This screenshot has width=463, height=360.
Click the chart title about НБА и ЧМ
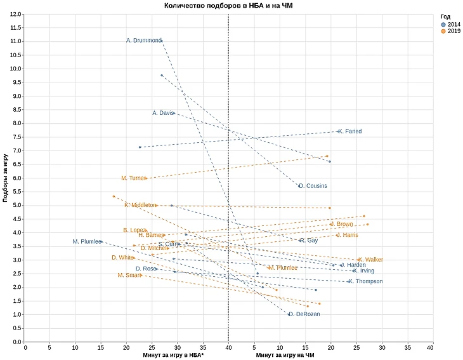tap(228, 6)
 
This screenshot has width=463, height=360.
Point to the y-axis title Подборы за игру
tap(6, 178)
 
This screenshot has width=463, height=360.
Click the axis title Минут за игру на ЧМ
tap(285, 356)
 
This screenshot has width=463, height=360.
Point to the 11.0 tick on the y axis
tap(15, 41)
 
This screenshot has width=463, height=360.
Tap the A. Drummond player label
tap(144, 41)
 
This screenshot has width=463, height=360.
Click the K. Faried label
tap(350, 131)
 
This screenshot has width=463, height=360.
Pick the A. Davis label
tap(163, 113)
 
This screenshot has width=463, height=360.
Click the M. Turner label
tap(134, 178)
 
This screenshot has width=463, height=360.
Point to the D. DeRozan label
tap(304, 315)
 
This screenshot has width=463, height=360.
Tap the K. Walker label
tap(371, 260)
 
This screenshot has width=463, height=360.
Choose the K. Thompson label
tap(366, 281)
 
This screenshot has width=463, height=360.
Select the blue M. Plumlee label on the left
tap(87, 241)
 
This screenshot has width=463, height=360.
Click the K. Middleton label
tap(140, 205)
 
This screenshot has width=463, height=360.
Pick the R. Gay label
tap(309, 241)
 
